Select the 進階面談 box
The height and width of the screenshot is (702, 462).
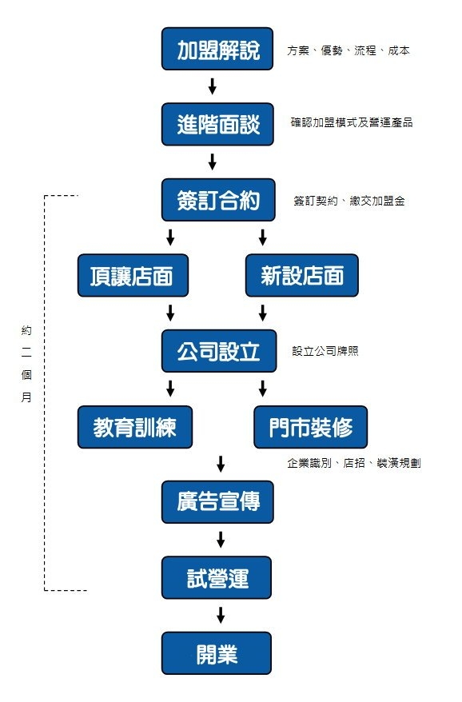(217, 124)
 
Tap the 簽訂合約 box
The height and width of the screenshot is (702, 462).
(217, 199)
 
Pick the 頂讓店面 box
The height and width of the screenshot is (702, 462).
(134, 276)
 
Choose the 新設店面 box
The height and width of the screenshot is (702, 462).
(301, 276)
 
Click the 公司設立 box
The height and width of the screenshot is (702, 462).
(217, 351)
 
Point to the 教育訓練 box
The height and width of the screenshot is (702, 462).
(134, 427)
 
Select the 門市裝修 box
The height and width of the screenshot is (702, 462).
(311, 427)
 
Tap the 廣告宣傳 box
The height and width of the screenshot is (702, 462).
(217, 502)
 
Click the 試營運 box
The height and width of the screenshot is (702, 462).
(217, 577)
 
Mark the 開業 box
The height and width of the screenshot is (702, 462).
(217, 653)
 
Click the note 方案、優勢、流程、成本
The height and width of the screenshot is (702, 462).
(348, 50)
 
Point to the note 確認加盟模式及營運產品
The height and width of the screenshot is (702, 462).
(352, 124)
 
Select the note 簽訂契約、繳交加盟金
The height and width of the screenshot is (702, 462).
(348, 201)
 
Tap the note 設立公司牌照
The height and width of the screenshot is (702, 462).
(325, 351)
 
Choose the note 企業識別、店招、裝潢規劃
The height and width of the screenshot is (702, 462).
(353, 463)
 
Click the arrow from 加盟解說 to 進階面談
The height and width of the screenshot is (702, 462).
(213, 86)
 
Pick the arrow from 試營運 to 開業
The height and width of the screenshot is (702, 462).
(220, 615)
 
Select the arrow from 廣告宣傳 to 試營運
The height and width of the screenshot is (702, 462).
(220, 539)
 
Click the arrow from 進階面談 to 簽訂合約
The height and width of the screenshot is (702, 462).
(213, 162)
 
